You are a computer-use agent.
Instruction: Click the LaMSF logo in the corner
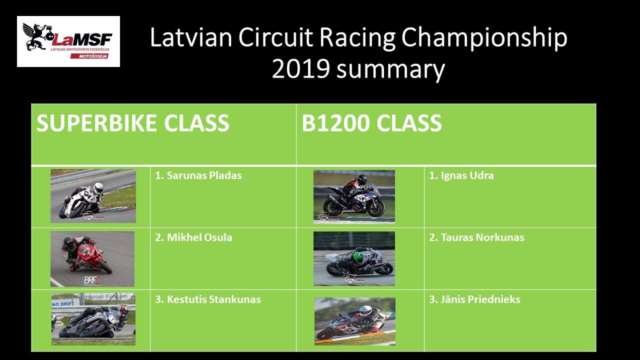pos(68,41)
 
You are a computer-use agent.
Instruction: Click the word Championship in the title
pos(484,38)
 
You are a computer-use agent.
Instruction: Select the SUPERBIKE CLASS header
pos(133,123)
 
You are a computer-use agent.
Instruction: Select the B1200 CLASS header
pos(371,123)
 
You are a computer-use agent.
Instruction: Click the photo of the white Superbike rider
pos(93,196)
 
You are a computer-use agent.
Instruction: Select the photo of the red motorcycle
pos(92,259)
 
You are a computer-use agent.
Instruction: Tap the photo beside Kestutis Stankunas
pos(93,319)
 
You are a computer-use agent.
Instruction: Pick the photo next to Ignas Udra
pos(354,197)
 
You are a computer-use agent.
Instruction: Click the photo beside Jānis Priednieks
pos(355,321)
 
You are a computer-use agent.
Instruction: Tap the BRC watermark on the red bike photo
pos(92,280)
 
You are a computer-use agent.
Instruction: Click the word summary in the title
pos(390,70)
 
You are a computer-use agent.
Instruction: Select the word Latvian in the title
pos(191,37)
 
